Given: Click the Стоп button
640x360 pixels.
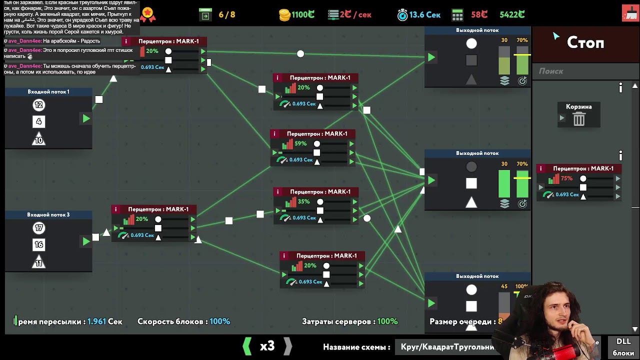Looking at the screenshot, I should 585,43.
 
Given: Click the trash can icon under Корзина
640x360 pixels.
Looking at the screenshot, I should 579,119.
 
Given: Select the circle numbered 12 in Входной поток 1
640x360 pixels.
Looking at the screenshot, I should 38,105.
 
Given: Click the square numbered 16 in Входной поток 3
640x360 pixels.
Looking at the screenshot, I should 38,244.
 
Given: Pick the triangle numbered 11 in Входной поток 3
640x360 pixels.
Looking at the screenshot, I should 38,262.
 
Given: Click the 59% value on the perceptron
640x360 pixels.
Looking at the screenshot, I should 300,143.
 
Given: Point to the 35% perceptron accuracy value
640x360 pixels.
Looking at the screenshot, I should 303,201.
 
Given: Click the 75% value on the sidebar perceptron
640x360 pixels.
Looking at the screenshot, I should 566,178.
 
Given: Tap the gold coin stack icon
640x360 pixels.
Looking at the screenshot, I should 284,15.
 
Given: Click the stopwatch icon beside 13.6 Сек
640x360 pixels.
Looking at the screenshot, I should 402,15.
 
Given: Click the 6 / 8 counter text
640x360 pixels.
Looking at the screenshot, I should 226,15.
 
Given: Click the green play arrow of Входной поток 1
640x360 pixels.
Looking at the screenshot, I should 86,118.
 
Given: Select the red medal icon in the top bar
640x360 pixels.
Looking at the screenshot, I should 147,14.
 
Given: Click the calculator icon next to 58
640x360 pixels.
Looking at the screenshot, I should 457,15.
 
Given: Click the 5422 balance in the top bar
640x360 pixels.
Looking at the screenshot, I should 512,15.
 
